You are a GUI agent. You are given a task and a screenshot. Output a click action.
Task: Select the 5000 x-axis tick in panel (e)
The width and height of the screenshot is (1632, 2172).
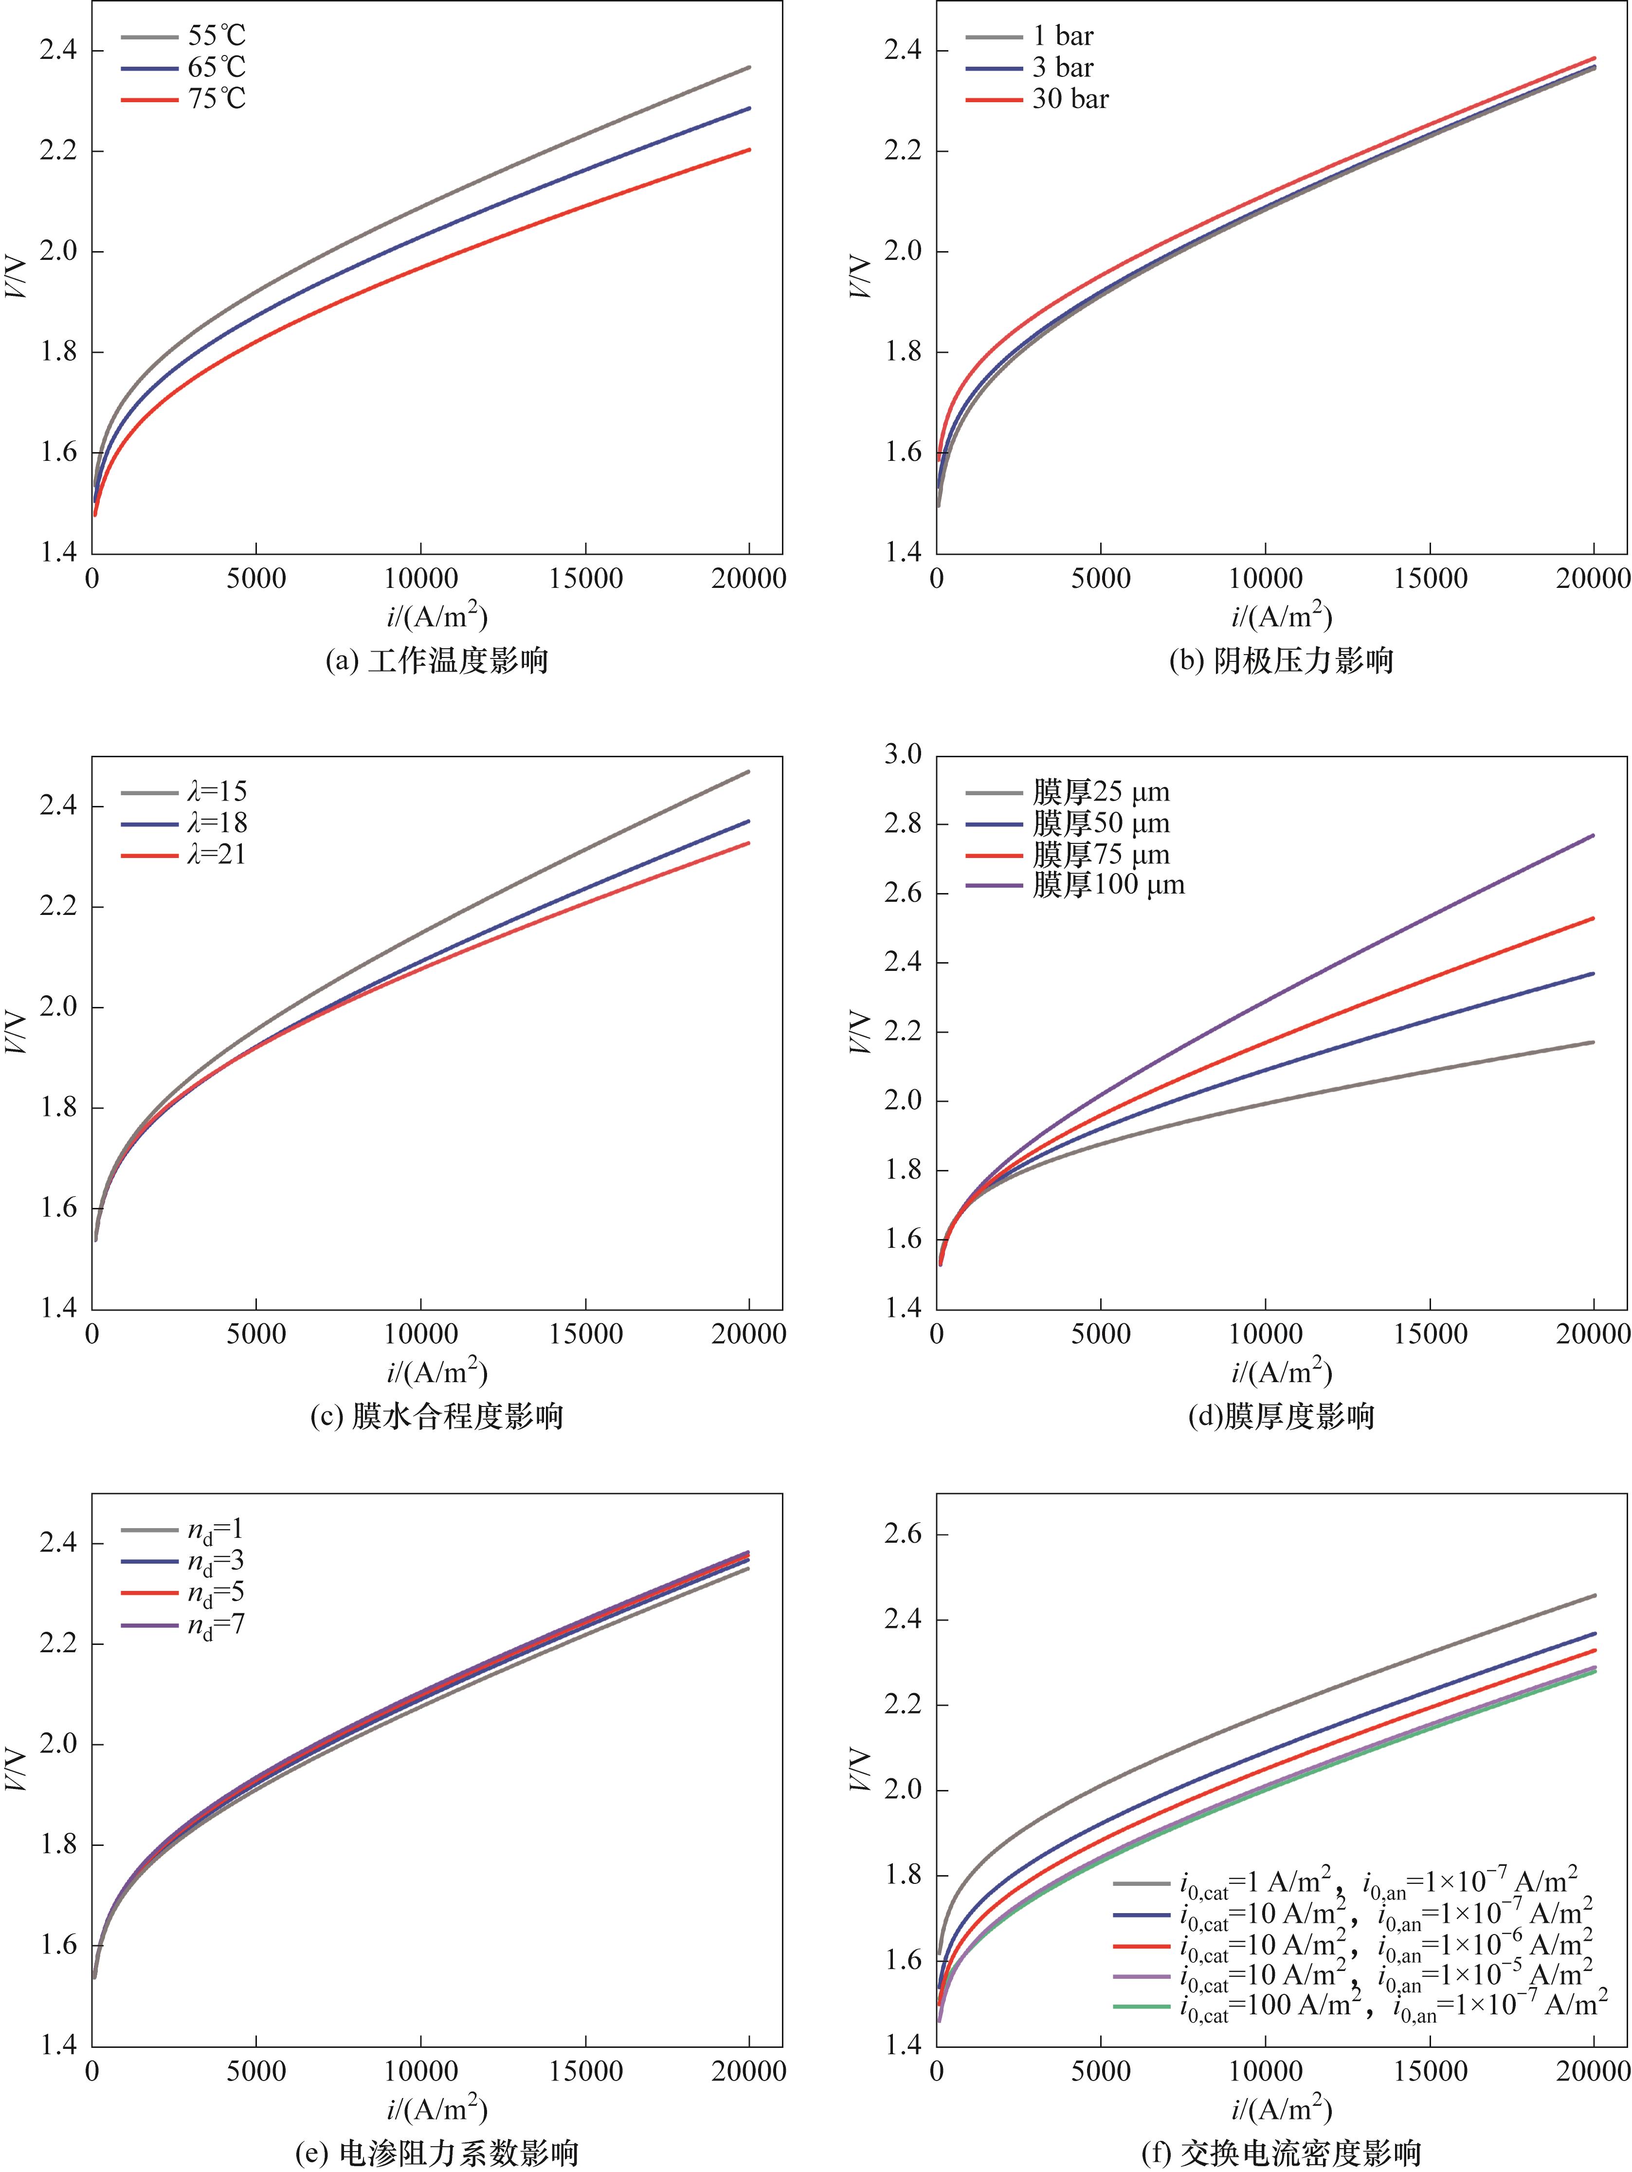click(256, 2072)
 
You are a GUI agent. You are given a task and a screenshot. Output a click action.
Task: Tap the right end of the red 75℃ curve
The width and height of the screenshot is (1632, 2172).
click(749, 150)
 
